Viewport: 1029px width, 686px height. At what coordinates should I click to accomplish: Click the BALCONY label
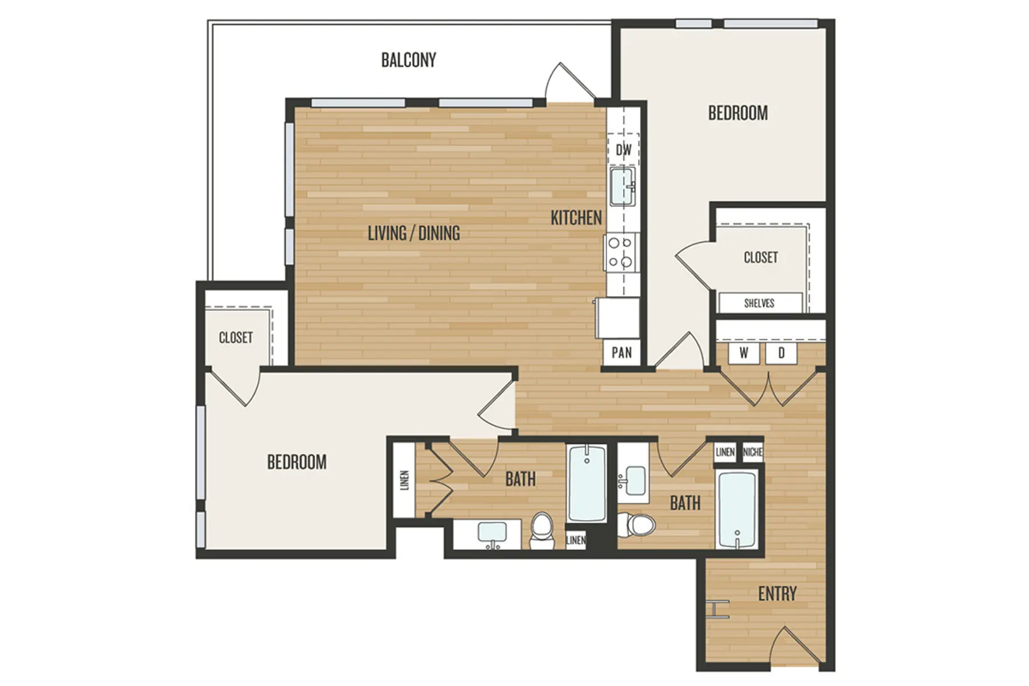tap(408, 60)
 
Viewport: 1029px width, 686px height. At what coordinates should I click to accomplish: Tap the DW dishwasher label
tap(624, 150)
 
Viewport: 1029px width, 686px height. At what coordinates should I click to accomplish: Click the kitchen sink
tap(622, 186)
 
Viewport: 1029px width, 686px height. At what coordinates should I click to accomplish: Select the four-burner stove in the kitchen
tap(621, 252)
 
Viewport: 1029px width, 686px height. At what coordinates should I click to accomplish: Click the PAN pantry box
tap(621, 352)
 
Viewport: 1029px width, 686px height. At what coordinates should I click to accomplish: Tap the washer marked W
tap(743, 353)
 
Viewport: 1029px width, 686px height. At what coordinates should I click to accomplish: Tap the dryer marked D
tap(781, 353)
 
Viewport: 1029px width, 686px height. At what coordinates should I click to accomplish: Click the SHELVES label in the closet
tap(759, 303)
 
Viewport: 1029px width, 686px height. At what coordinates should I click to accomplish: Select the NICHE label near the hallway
tap(752, 452)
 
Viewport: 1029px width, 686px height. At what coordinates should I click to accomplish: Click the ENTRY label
tap(777, 594)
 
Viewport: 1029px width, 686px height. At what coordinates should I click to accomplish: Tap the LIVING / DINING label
tap(413, 233)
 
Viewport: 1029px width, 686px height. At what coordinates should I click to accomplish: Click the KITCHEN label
tap(576, 218)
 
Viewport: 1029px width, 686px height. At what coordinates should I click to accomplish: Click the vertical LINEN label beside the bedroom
tap(405, 480)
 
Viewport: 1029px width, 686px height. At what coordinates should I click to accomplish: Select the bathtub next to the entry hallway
tap(737, 509)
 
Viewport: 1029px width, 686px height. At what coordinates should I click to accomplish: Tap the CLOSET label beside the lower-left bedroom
tap(236, 338)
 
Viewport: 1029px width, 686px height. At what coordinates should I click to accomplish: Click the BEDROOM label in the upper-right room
tap(737, 113)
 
